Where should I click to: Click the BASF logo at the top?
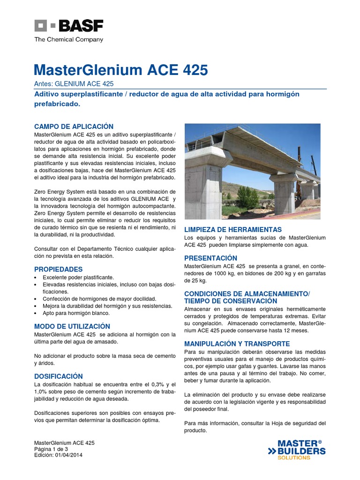coord(68,26)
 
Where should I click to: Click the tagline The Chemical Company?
coord(68,40)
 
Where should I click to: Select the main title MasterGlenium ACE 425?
coord(121,70)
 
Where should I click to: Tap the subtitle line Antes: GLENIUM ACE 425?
coord(74,84)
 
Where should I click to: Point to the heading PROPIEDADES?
coord(59,269)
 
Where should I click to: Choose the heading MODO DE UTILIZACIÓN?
coord(72,326)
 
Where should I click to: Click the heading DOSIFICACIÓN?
coord(59,376)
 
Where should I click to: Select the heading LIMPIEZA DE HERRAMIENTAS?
coord(233,230)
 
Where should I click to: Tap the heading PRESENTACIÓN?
coord(210,258)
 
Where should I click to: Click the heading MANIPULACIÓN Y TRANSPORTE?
coord(237,344)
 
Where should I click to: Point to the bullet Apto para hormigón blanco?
coord(75,314)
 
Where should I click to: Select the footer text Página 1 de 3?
coord(51,449)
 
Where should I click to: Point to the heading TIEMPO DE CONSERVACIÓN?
coord(231,301)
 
